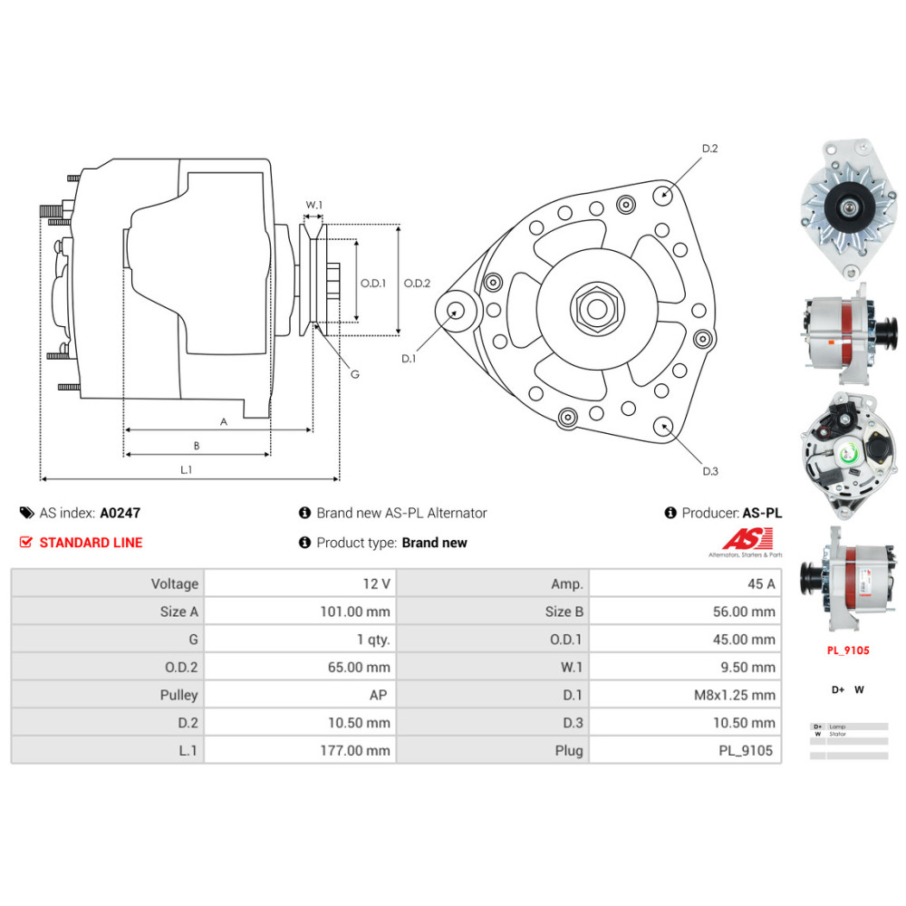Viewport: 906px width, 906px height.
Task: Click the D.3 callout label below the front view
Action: pos(709,470)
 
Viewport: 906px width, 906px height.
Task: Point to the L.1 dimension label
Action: pos(186,469)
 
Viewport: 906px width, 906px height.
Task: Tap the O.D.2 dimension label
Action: pos(417,283)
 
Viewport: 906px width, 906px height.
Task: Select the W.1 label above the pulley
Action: pos(313,205)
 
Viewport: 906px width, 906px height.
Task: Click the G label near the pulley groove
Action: pos(354,374)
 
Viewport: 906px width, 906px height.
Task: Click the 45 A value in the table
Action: pos(759,583)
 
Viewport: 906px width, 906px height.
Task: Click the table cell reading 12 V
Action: pos(373,583)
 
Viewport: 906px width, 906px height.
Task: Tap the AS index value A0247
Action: pos(120,513)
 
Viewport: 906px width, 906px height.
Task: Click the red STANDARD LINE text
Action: pos(91,543)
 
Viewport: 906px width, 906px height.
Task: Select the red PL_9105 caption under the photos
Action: pos(848,650)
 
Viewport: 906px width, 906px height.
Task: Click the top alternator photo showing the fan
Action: pos(848,208)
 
